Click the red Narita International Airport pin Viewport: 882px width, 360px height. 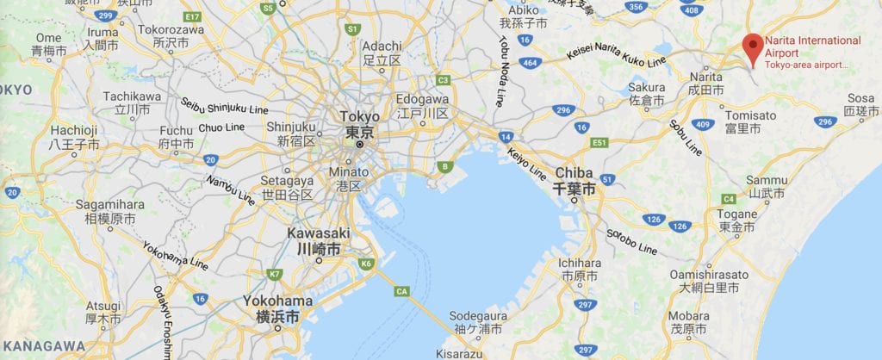pyautogui.click(x=754, y=47)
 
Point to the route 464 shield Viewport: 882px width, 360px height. pyautogui.click(x=531, y=63)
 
